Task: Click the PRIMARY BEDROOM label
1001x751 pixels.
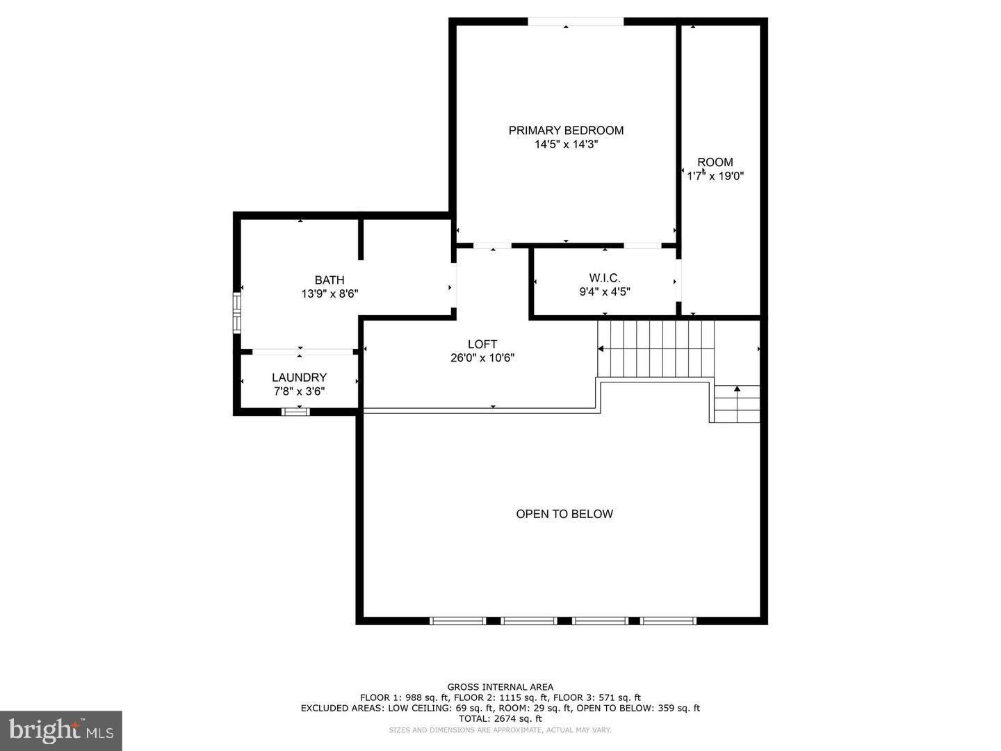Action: [x=566, y=130]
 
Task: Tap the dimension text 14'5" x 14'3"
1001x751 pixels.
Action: [x=566, y=145]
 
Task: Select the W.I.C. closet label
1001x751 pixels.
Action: [x=604, y=278]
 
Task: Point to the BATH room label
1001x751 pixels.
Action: [x=329, y=280]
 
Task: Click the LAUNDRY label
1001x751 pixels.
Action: [x=299, y=378]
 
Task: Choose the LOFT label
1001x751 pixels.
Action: [x=482, y=344]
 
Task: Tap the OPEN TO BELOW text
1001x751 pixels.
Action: [x=564, y=514]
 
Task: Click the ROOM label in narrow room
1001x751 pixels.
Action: [x=715, y=162]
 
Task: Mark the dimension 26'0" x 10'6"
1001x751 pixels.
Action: [x=482, y=358]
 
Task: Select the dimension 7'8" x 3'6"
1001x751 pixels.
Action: [x=299, y=391]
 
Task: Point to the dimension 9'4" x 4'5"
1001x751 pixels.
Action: [x=605, y=292]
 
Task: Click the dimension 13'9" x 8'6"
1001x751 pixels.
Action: [x=329, y=294]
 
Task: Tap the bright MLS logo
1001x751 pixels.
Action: [x=61, y=730]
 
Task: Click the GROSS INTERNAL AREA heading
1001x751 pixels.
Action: [x=500, y=687]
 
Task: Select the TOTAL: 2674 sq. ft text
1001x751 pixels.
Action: [x=500, y=718]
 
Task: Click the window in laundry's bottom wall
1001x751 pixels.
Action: [x=295, y=412]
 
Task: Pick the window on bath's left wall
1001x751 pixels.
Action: [x=237, y=313]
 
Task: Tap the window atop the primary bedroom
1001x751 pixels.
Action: [x=576, y=22]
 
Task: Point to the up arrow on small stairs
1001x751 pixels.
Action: [x=737, y=390]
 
